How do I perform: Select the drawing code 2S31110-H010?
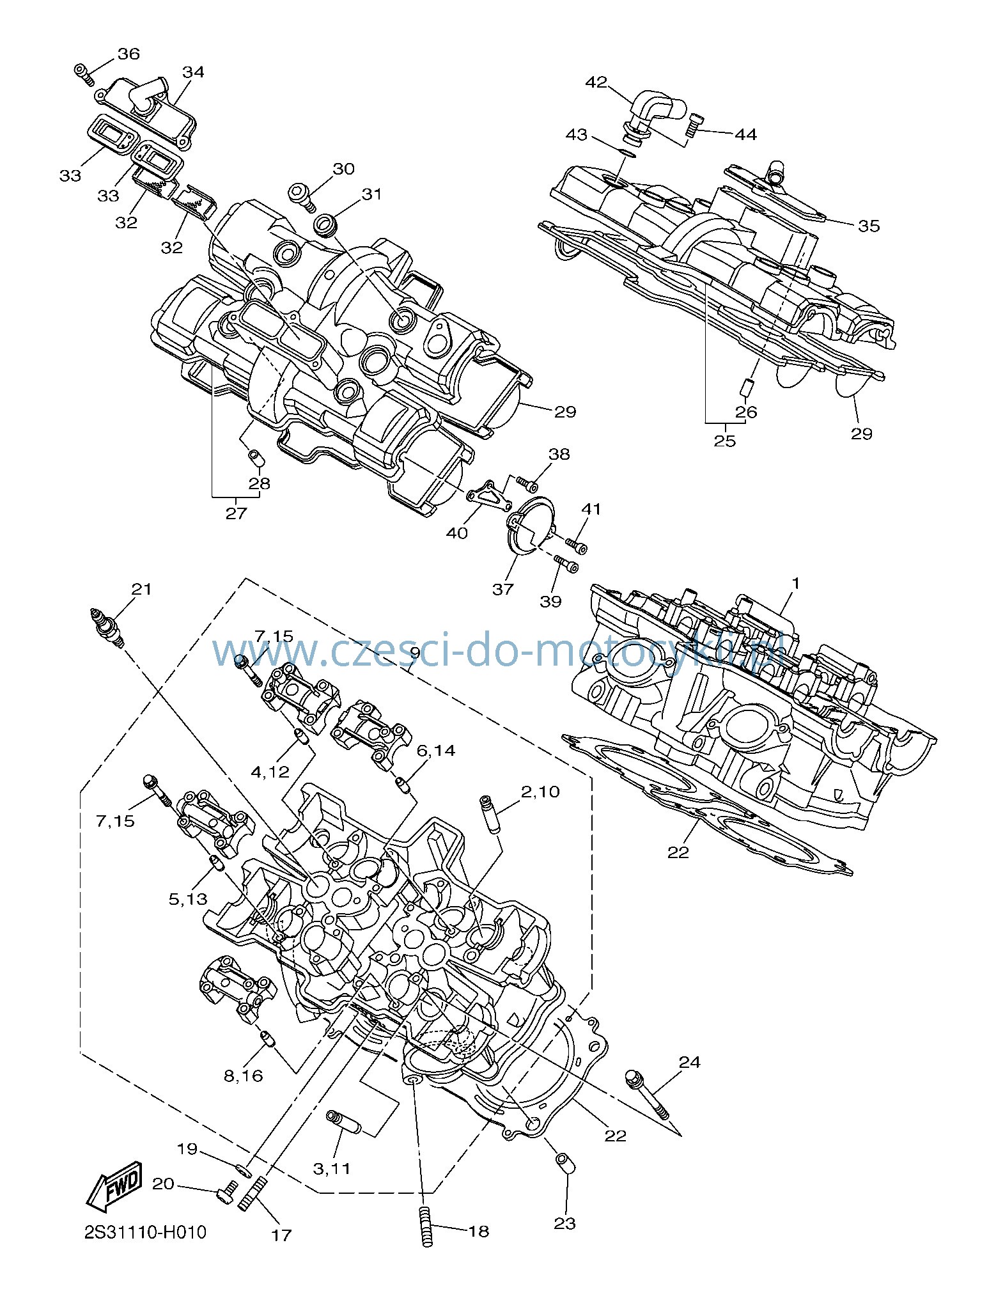[146, 1232]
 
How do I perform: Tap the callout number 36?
[128, 54]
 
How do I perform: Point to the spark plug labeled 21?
[106, 627]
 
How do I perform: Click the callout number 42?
[596, 82]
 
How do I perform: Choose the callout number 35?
[869, 226]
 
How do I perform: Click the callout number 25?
[725, 441]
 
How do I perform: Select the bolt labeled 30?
[301, 196]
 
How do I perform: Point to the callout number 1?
[796, 583]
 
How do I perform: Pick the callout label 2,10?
[540, 792]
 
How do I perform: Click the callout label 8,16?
[244, 1076]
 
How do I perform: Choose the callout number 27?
[236, 513]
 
